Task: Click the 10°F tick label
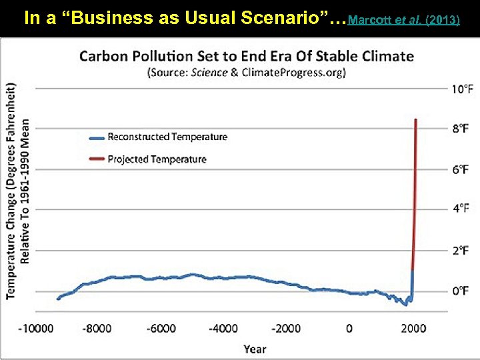click(463, 89)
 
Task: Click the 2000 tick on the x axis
click(413, 328)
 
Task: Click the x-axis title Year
click(255, 349)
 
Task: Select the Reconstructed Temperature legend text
click(167, 137)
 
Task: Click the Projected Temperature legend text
click(157, 159)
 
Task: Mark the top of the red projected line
click(416, 120)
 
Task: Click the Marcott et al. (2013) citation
click(404, 20)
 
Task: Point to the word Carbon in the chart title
click(102, 56)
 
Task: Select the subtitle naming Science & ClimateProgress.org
click(246, 73)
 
